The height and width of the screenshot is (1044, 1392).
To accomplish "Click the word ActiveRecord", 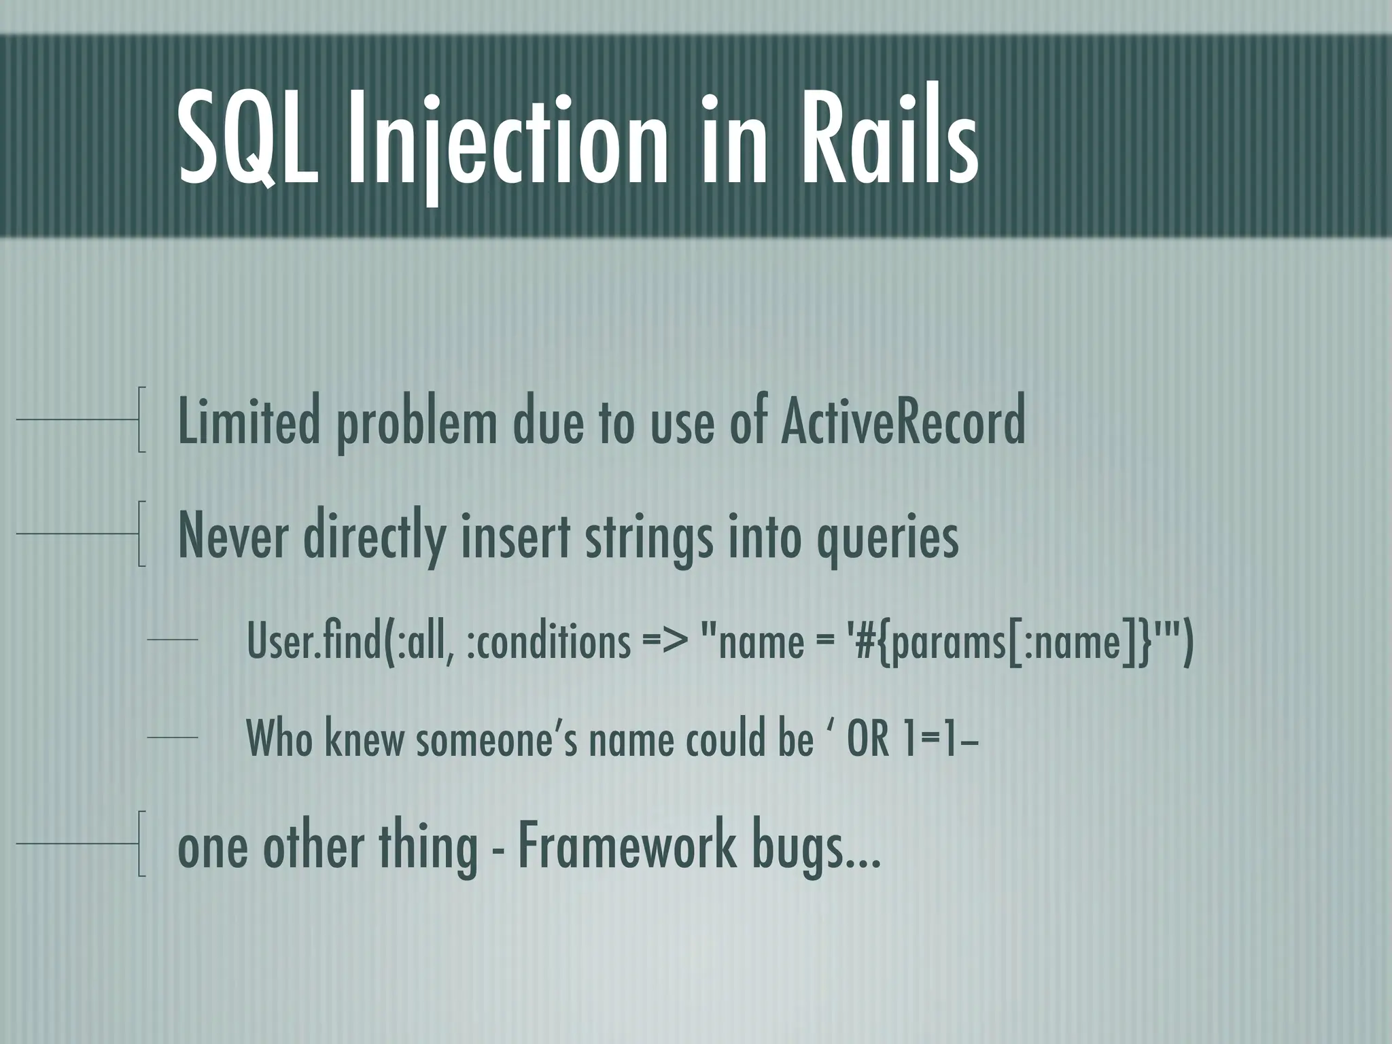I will click(x=902, y=421).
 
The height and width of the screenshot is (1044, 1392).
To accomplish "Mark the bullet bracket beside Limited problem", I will click(x=141, y=420).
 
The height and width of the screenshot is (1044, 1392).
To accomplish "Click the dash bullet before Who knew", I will click(x=172, y=737).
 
